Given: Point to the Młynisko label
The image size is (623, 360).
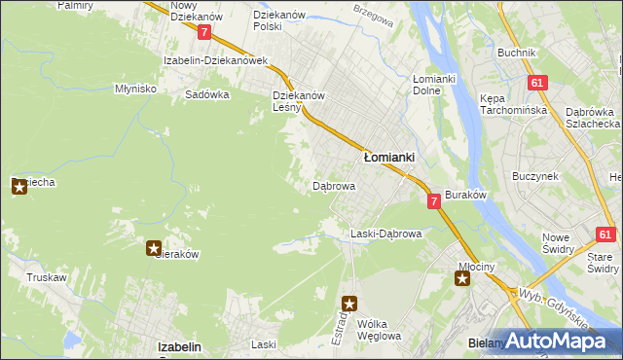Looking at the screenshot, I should point(135,88).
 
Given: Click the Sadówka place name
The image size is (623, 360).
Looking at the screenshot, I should point(206,95).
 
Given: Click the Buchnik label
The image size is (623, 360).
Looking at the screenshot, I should point(516,53).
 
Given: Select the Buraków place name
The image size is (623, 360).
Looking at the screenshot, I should point(465,196).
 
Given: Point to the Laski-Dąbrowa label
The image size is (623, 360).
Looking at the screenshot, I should point(385,234).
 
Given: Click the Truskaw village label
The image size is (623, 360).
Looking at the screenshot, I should point(46,277).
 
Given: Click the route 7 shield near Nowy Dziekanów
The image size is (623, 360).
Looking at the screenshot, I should point(203,32).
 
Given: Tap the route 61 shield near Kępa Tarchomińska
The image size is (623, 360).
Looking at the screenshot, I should point(537,84).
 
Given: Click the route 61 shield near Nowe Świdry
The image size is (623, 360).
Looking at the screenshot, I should point(605,234).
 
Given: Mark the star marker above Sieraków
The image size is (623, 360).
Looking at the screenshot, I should point(154,249).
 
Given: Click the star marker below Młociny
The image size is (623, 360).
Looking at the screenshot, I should point(462,280).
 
